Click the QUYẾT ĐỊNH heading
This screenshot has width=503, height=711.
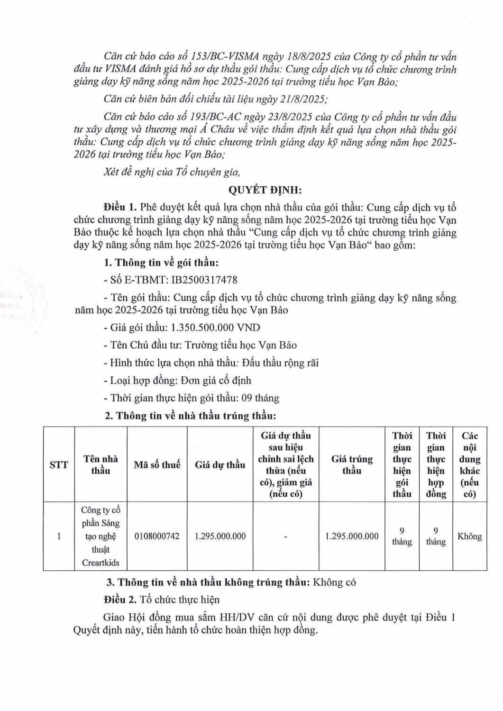click(265, 190)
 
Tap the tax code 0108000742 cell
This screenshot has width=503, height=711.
click(157, 536)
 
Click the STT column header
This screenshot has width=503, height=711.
click(59, 465)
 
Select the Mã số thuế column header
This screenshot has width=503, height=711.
click(157, 465)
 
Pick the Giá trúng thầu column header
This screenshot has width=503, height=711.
click(352, 465)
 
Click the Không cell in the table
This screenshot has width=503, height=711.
click(469, 536)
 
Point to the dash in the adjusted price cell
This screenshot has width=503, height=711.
click(285, 536)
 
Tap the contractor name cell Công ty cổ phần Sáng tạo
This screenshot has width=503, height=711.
click(101, 536)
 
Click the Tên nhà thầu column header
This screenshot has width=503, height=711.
click(101, 465)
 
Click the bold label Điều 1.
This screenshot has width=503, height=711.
click(120, 208)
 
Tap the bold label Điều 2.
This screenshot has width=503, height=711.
click(120, 600)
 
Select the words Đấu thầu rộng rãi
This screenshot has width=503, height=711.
click(280, 363)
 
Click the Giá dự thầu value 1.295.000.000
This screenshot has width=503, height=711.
click(220, 536)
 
